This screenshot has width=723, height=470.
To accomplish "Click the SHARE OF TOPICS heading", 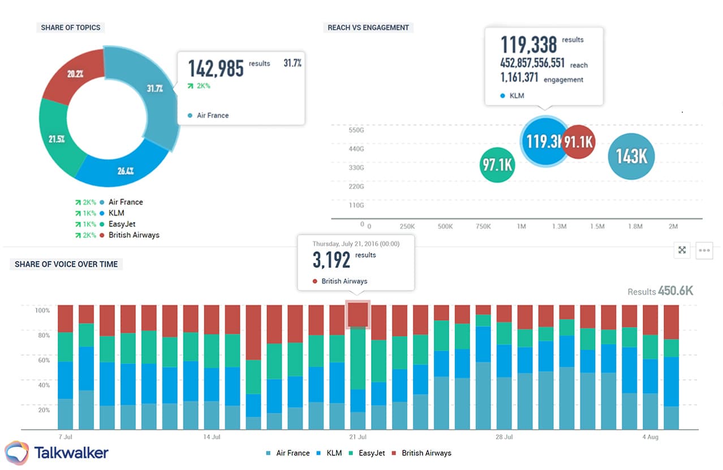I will click(71, 27).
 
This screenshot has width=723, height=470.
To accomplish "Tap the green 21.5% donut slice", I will click(55, 139).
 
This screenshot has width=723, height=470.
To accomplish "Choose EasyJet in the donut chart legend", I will click(122, 224).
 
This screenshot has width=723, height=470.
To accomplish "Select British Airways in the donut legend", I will click(134, 235).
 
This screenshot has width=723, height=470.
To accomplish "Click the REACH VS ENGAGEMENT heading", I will click(368, 27).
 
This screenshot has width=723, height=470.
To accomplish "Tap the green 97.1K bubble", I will click(497, 165).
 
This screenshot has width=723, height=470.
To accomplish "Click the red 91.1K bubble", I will click(579, 142).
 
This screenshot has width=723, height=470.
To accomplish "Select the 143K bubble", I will click(631, 156).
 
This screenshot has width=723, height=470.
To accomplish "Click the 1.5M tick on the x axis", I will click(597, 227).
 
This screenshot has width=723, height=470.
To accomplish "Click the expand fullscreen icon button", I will click(682, 250).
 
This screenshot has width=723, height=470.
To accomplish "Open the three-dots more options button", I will click(704, 250).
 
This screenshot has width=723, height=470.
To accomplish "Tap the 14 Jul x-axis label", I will click(212, 437).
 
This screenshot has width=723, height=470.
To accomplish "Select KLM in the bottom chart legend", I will click(334, 453).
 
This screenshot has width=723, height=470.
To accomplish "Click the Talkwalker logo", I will click(57, 452).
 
